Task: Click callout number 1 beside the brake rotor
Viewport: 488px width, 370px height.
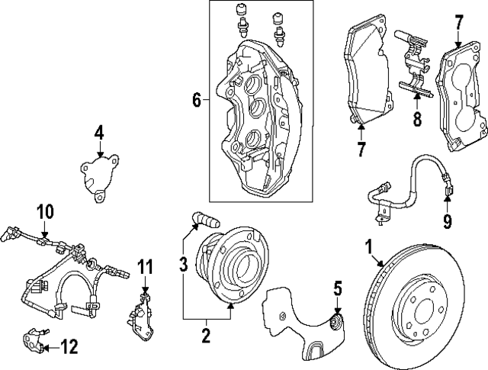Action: pos(368,248)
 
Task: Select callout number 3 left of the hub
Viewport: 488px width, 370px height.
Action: pos(182,265)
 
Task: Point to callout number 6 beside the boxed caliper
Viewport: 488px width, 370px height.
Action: pos(197,100)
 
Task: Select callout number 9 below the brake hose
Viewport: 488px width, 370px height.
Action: pos(448,222)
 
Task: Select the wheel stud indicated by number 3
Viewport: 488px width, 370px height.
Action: pos(205,220)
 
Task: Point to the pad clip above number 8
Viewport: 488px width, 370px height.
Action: pos(412,65)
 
